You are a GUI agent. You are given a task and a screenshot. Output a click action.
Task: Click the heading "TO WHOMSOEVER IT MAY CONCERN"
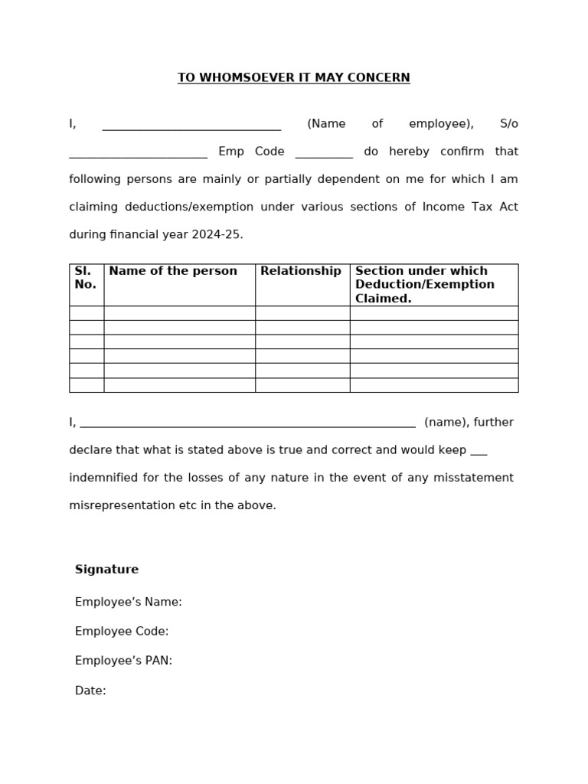point(293,78)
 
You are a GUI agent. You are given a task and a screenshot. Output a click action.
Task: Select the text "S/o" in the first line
point(508,124)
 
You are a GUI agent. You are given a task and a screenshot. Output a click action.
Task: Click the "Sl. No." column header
point(86,278)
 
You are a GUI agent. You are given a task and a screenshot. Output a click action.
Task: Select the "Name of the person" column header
point(173,271)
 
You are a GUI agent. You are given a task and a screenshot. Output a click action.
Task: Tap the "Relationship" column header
point(301,271)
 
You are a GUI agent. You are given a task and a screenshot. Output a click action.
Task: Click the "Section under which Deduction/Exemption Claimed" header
point(425,285)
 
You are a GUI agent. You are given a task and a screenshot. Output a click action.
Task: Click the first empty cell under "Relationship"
point(302,313)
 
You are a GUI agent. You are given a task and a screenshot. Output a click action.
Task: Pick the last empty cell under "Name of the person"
point(179,385)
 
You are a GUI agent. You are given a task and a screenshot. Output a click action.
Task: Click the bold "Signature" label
point(106,570)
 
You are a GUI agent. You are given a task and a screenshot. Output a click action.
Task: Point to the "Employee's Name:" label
point(128,603)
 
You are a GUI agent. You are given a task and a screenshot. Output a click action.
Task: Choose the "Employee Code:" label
point(121,632)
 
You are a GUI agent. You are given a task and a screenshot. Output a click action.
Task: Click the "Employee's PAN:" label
point(123,661)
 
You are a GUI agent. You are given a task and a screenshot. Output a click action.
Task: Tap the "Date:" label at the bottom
point(90,691)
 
